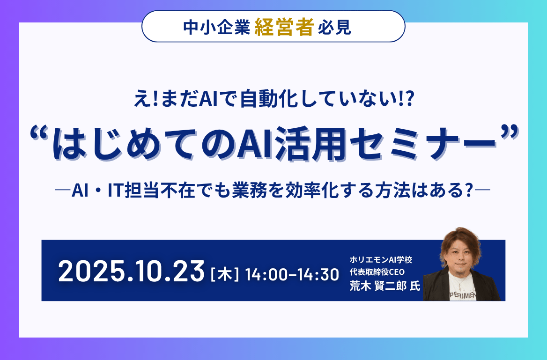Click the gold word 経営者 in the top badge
click(284, 28)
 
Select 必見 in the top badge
click(334, 29)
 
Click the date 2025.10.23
click(132, 272)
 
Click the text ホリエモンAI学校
click(381, 259)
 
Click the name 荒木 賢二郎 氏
click(384, 287)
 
